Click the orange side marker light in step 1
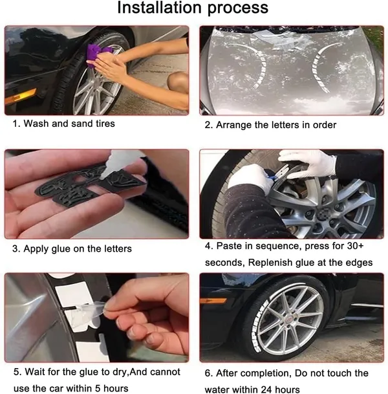click(20, 96)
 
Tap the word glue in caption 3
click(61, 249)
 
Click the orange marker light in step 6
click(213, 301)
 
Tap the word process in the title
click(238, 8)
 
